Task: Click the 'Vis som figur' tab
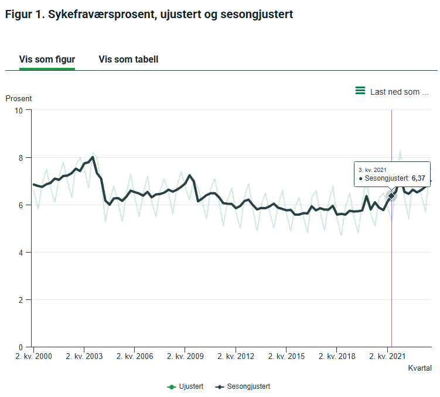click(47, 59)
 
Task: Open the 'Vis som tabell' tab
click(128, 59)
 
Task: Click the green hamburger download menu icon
click(360, 91)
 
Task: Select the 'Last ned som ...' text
click(399, 92)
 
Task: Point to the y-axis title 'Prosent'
click(19, 98)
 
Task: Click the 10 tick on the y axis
click(19, 110)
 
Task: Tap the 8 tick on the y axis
click(21, 157)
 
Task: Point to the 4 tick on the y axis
click(21, 252)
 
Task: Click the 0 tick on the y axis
click(21, 347)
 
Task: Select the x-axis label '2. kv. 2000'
click(34, 356)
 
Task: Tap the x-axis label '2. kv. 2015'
click(286, 356)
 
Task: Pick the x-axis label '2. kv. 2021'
click(387, 356)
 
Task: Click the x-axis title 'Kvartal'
click(419, 368)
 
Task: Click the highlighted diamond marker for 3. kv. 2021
click(391, 195)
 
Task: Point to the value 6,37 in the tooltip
click(418, 178)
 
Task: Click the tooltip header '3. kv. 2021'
click(373, 169)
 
